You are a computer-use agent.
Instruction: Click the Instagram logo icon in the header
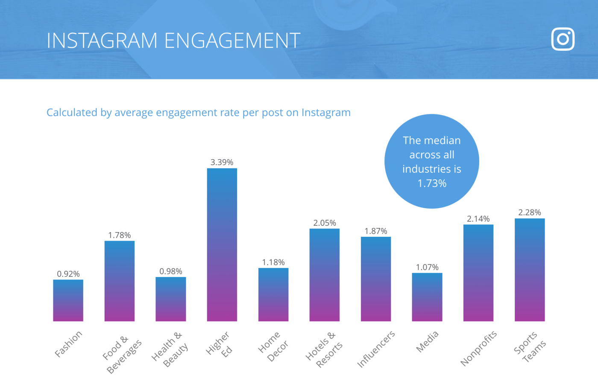[563, 39]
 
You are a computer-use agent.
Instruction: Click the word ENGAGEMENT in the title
[232, 41]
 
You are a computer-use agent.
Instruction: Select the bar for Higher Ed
[222, 244]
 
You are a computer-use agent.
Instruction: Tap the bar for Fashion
[68, 300]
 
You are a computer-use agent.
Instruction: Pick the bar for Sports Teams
[530, 270]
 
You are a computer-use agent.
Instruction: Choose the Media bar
[427, 297]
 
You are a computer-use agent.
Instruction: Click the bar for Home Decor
[273, 294]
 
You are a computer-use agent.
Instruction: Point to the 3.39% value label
[222, 162]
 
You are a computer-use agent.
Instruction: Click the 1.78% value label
[120, 235]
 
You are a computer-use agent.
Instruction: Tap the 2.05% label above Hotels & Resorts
[325, 223]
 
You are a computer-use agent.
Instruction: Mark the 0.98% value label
[171, 271]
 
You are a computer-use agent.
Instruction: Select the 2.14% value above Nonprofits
[478, 219]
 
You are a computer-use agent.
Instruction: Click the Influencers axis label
[376, 349]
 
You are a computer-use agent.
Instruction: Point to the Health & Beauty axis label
[170, 349]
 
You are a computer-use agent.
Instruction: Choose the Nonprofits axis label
[479, 348]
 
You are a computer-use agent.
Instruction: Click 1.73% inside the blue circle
[432, 183]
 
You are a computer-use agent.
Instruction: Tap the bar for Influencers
[376, 279]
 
